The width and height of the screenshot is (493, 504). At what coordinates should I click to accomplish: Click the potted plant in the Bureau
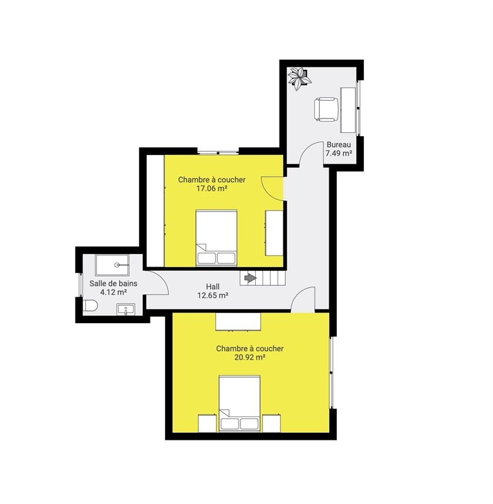coord(299,78)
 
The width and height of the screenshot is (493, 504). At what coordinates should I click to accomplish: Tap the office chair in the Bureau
coord(326,110)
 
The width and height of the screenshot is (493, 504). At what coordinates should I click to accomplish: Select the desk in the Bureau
coord(348,110)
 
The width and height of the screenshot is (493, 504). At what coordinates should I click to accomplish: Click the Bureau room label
coord(339,145)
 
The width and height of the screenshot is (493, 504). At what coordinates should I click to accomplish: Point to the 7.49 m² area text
coord(339,153)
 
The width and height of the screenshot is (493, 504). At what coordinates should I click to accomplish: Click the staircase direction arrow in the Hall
coord(251,278)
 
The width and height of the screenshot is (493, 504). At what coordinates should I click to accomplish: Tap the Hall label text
coord(213,287)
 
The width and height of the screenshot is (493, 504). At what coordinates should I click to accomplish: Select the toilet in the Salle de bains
coord(90,306)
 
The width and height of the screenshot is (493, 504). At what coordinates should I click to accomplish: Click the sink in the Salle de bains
coord(126,309)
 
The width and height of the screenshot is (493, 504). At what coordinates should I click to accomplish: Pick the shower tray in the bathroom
coord(113,265)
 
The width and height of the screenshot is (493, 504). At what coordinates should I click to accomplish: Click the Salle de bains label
coord(113,283)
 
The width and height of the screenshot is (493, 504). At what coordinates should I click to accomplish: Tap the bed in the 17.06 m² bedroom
coord(217,238)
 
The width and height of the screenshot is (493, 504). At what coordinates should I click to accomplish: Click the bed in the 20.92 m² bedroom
coord(240,403)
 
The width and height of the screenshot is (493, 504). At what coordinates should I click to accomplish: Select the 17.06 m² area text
coord(212,188)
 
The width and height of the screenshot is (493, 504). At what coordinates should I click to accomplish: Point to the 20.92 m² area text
coord(250,357)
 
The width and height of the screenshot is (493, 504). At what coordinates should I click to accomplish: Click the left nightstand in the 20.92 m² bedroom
coord(208,423)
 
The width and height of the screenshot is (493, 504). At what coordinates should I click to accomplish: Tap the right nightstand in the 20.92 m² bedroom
coord(271,423)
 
